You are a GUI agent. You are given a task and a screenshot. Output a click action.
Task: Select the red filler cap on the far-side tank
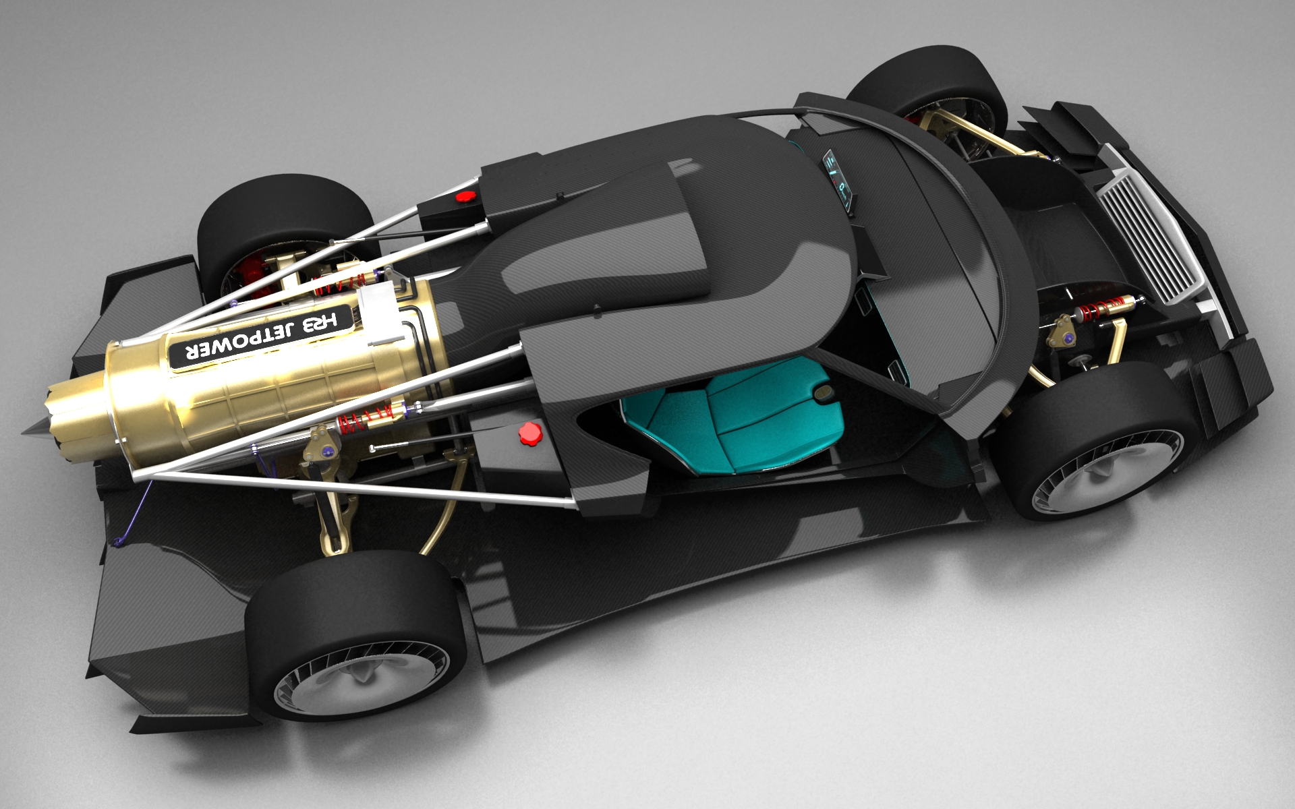[465, 196]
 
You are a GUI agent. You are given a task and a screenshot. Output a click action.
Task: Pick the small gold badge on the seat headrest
[824, 394]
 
